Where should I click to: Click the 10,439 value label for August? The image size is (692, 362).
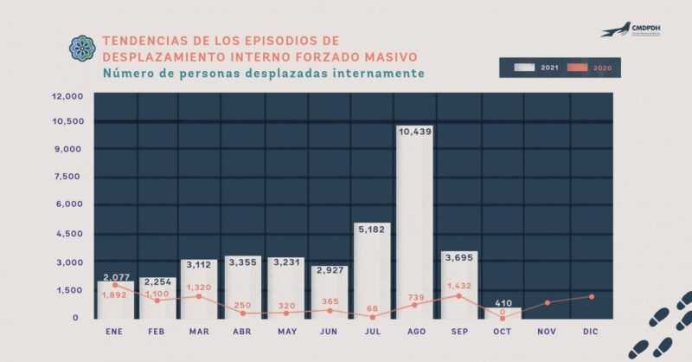pos(415,132)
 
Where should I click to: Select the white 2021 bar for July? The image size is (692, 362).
pos(372,277)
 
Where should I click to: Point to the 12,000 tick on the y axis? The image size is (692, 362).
pos(67,96)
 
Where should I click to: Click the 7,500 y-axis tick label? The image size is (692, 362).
pos(68,177)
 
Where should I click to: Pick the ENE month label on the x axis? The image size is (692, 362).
pos(114,331)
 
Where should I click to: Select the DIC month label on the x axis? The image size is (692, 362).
pos(590,331)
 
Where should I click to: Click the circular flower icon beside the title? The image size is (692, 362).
pos(83,48)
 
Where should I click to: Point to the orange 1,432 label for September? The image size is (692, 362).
pos(458,285)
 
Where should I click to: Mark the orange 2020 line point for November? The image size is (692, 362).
pos(547,303)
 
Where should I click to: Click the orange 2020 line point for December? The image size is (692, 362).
pos(591,296)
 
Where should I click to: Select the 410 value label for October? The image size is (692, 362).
pos(503,303)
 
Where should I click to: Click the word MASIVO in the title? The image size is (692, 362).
pos(387,56)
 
